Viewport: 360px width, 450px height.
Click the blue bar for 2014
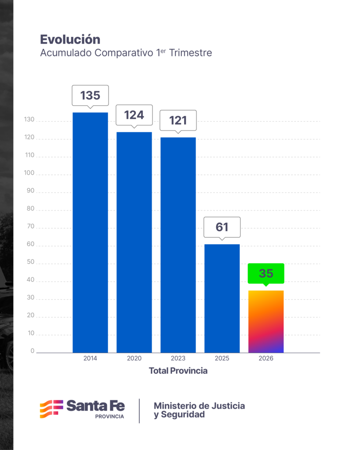click(x=90, y=232)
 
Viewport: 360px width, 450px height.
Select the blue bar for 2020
click(x=134, y=242)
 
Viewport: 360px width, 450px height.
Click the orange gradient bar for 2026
click(x=266, y=321)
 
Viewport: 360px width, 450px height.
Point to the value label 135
click(x=90, y=95)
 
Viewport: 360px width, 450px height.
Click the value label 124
click(x=134, y=115)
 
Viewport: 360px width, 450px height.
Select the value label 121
click(x=178, y=120)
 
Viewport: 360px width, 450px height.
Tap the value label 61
click(x=222, y=227)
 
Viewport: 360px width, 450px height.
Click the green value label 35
click(x=266, y=273)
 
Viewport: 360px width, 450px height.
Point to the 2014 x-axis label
click(x=90, y=358)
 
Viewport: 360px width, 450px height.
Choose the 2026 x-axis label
click(x=266, y=358)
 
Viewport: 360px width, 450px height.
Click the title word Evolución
click(x=70, y=39)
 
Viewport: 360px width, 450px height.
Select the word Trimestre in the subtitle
click(x=190, y=53)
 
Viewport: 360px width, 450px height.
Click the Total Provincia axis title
click(x=178, y=371)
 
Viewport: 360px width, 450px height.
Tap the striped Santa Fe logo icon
click(x=52, y=409)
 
